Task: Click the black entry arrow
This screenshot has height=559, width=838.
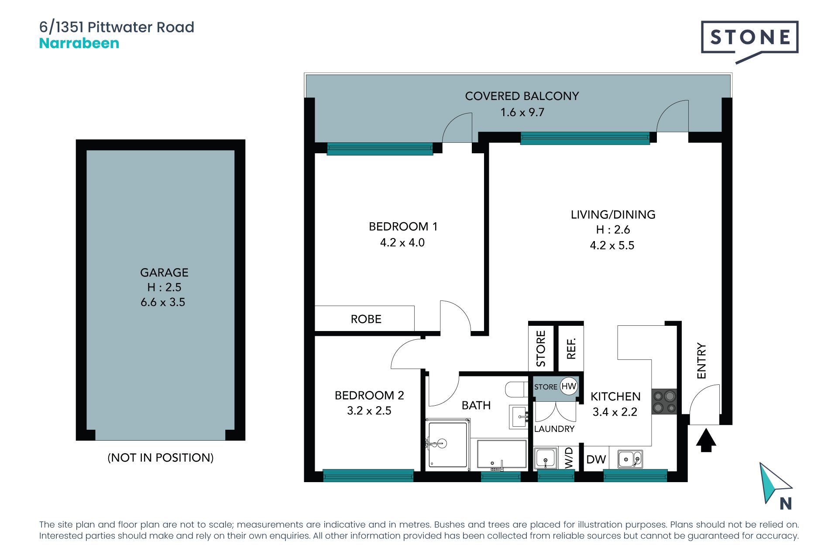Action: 706,440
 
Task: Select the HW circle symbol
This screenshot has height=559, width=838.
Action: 569,386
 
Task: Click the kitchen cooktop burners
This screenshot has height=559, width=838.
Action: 664,402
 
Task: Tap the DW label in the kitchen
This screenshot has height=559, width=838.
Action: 596,459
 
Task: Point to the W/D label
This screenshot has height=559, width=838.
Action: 569,458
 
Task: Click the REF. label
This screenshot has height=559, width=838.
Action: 571,348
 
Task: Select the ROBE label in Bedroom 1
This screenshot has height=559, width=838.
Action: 366,319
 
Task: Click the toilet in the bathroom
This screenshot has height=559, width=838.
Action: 516,389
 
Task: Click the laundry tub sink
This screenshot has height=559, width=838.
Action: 546,459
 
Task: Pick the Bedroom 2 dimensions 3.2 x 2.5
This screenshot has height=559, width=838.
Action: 369,411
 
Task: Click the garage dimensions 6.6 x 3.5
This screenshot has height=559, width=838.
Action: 163,302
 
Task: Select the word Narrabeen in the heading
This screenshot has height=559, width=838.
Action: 79,43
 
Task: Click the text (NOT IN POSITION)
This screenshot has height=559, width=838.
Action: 161,458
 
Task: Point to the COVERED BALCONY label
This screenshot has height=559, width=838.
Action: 522,96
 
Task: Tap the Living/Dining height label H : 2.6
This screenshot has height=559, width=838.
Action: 613,230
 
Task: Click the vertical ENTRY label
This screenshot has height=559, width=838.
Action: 701,361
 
